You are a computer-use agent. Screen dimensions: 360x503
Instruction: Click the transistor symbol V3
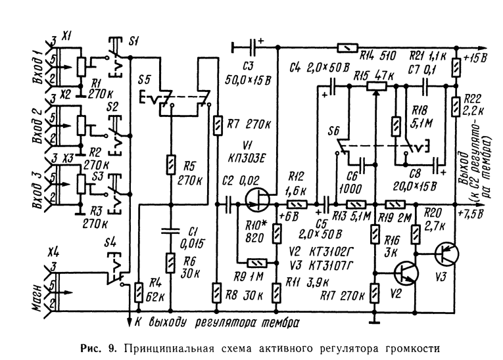pyautogui.click(x=447, y=254)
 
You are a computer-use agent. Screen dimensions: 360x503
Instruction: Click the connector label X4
pyautogui.click(x=55, y=251)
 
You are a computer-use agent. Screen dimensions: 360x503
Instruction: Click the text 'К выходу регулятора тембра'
pyautogui.click(x=218, y=322)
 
